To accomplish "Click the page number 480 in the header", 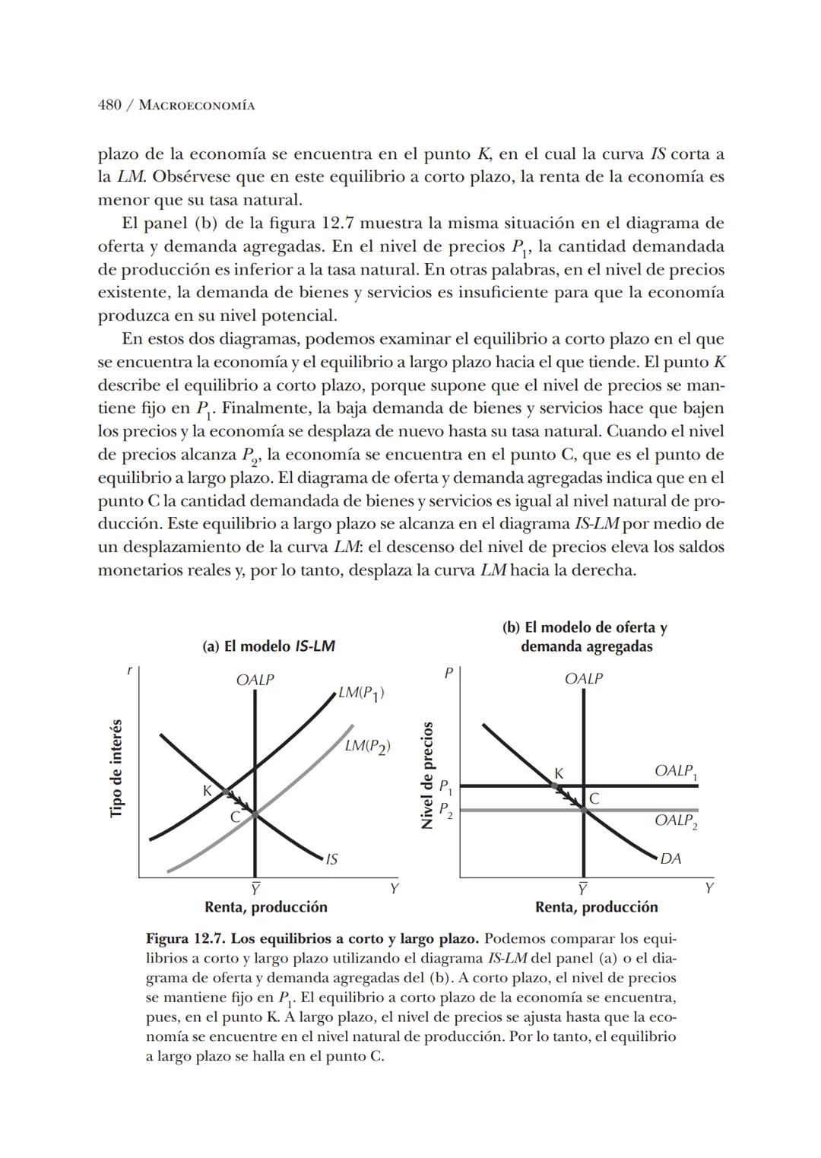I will click(x=109, y=105).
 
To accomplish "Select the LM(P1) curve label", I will click(x=361, y=693).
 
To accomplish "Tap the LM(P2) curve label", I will click(x=367, y=746).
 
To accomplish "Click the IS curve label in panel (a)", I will click(x=331, y=859).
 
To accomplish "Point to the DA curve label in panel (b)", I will click(x=670, y=858).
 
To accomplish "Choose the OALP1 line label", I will click(x=675, y=771).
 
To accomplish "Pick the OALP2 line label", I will click(x=675, y=821).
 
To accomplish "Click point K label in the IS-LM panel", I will click(x=206, y=791).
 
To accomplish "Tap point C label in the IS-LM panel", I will click(x=235, y=817).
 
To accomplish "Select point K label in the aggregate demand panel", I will click(x=559, y=773).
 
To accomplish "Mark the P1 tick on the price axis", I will click(x=446, y=786).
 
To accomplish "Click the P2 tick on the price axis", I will click(x=446, y=810).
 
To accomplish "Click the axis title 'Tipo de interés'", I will click(x=116, y=768).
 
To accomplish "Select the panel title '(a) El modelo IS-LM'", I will click(x=268, y=646).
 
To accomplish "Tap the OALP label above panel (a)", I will click(x=255, y=680).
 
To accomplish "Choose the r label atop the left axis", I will click(x=129, y=670).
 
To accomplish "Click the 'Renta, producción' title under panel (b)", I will click(x=596, y=907).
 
